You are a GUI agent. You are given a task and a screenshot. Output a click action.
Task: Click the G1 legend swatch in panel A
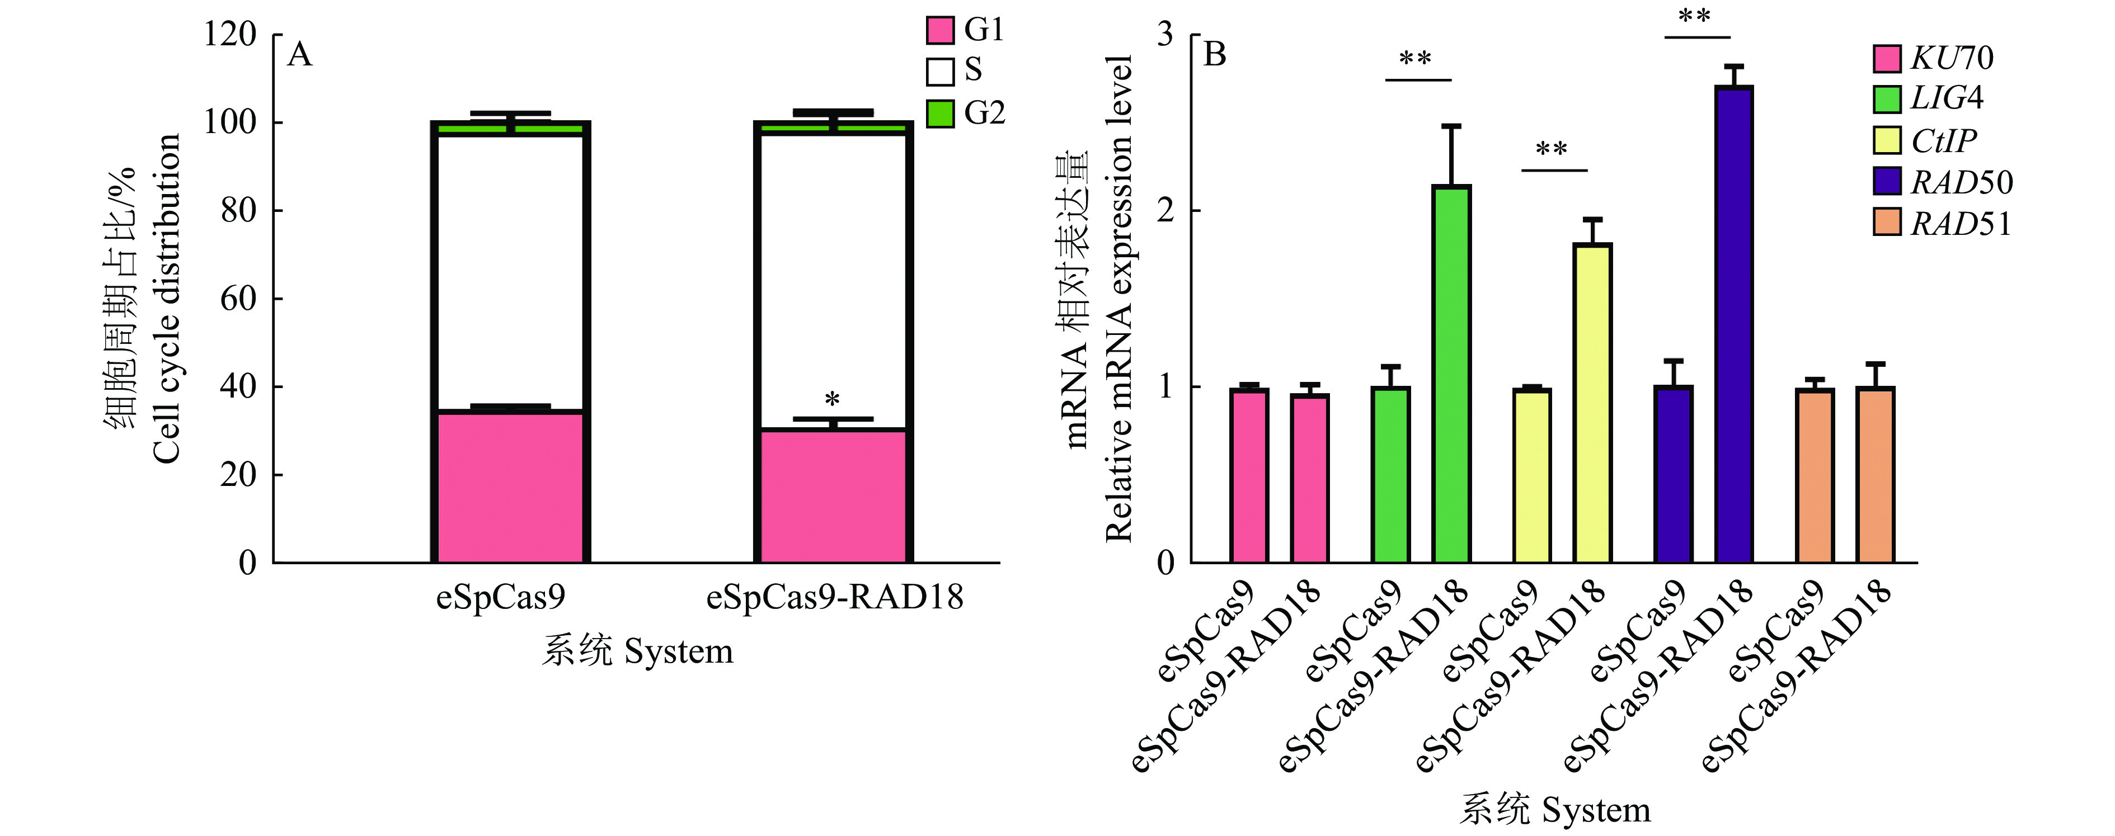[x=940, y=30]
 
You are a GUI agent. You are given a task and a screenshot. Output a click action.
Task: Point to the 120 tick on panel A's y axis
[x=231, y=35]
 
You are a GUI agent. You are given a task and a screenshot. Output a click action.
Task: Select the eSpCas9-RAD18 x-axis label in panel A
[x=834, y=597]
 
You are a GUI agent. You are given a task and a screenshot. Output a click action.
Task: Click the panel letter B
[x=1214, y=55]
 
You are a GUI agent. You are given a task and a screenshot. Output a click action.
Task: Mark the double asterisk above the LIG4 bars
[x=1416, y=59]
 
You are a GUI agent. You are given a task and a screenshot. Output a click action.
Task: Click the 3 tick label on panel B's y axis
[x=1165, y=35]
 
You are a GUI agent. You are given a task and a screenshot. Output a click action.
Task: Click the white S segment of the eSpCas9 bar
[x=510, y=271]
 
